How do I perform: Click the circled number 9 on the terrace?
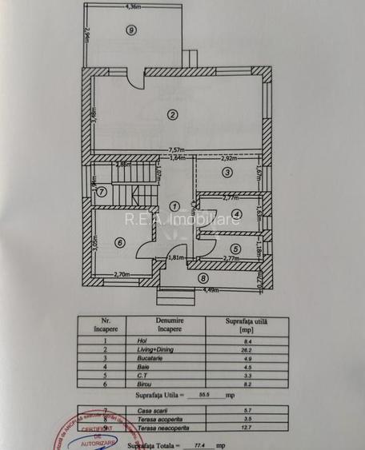click(x=130, y=30)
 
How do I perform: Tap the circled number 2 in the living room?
click(x=171, y=114)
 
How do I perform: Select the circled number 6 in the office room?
click(x=119, y=243)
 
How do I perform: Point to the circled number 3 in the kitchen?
click(x=227, y=172)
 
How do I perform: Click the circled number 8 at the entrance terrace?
click(x=203, y=278)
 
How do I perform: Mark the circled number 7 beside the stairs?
click(x=102, y=191)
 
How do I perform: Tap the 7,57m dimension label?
click(x=177, y=149)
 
